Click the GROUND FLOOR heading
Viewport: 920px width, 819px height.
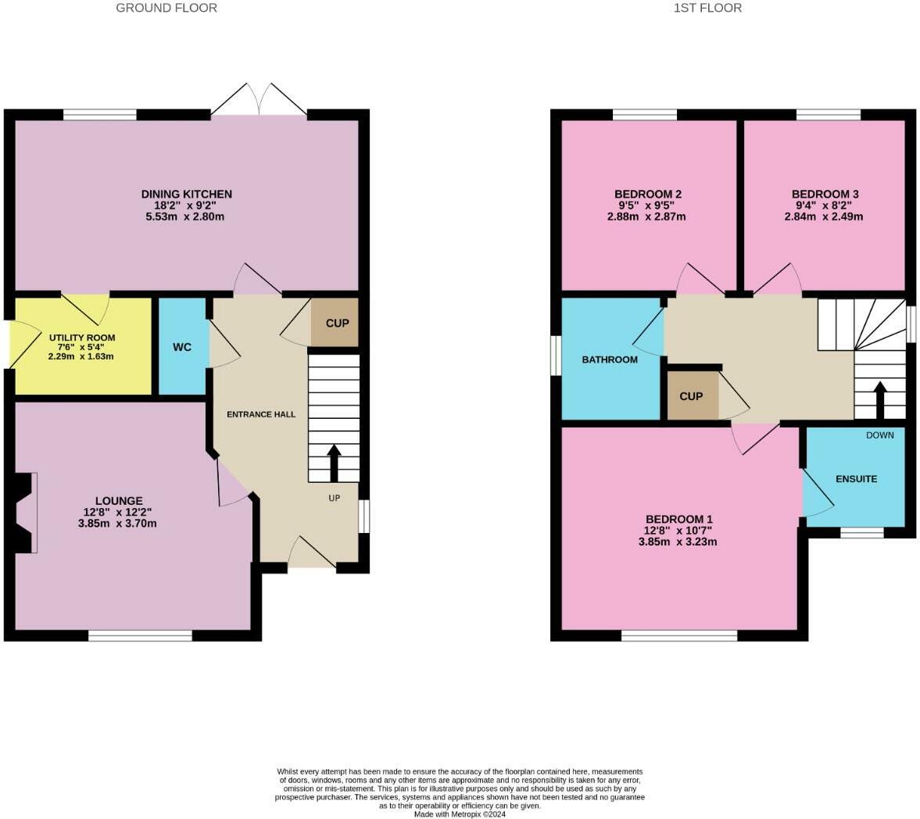tap(166, 8)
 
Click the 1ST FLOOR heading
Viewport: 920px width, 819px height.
tap(707, 8)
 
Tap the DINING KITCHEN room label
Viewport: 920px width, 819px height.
tap(186, 194)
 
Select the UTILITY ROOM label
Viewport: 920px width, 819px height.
tap(83, 338)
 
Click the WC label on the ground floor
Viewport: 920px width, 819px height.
tap(182, 347)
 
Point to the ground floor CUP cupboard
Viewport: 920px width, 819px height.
tap(336, 323)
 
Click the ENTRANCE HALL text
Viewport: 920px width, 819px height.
tap(261, 414)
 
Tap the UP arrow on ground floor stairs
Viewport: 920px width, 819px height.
tap(334, 463)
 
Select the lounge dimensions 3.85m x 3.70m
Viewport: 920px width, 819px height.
tap(117, 524)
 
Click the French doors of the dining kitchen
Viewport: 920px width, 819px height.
tap(259, 100)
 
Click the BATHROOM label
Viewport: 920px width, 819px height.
tap(610, 359)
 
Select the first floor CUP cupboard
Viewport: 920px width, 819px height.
tap(691, 396)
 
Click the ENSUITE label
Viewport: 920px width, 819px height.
tap(856, 478)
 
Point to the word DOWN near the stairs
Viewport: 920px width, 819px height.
tap(879, 435)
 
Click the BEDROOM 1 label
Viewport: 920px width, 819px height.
tap(678, 519)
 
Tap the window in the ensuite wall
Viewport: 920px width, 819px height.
tap(862, 533)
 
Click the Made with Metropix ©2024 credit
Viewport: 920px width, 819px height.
tap(460, 814)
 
